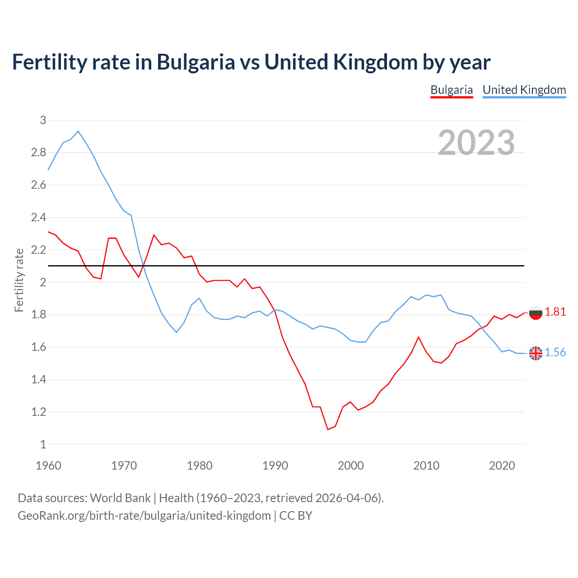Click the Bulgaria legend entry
pyautogui.click(x=451, y=90)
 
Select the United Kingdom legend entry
pyautogui.click(x=524, y=90)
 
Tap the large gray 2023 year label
pyautogui.click(x=476, y=143)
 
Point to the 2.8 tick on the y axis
pyautogui.click(x=39, y=153)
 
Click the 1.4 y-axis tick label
pyautogui.click(x=39, y=380)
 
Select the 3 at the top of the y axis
pyautogui.click(x=43, y=120)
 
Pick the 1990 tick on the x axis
pyautogui.click(x=275, y=466)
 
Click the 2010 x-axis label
pyautogui.click(x=426, y=466)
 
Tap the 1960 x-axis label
pyautogui.click(x=48, y=466)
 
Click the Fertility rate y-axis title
pyautogui.click(x=19, y=280)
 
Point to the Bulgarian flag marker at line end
pyautogui.click(x=536, y=312)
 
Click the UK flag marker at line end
pyautogui.click(x=536, y=353)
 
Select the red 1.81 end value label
pyautogui.click(x=555, y=312)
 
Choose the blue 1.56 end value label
pyautogui.click(x=555, y=353)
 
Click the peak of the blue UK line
pyautogui.click(x=78, y=131)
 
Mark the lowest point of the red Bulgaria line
pyautogui.click(x=328, y=429)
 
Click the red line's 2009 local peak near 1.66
pyautogui.click(x=419, y=337)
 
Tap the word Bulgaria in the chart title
pyautogui.click(x=196, y=62)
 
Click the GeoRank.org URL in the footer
pyautogui.click(x=144, y=516)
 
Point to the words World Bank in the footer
pyautogui.click(x=120, y=498)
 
